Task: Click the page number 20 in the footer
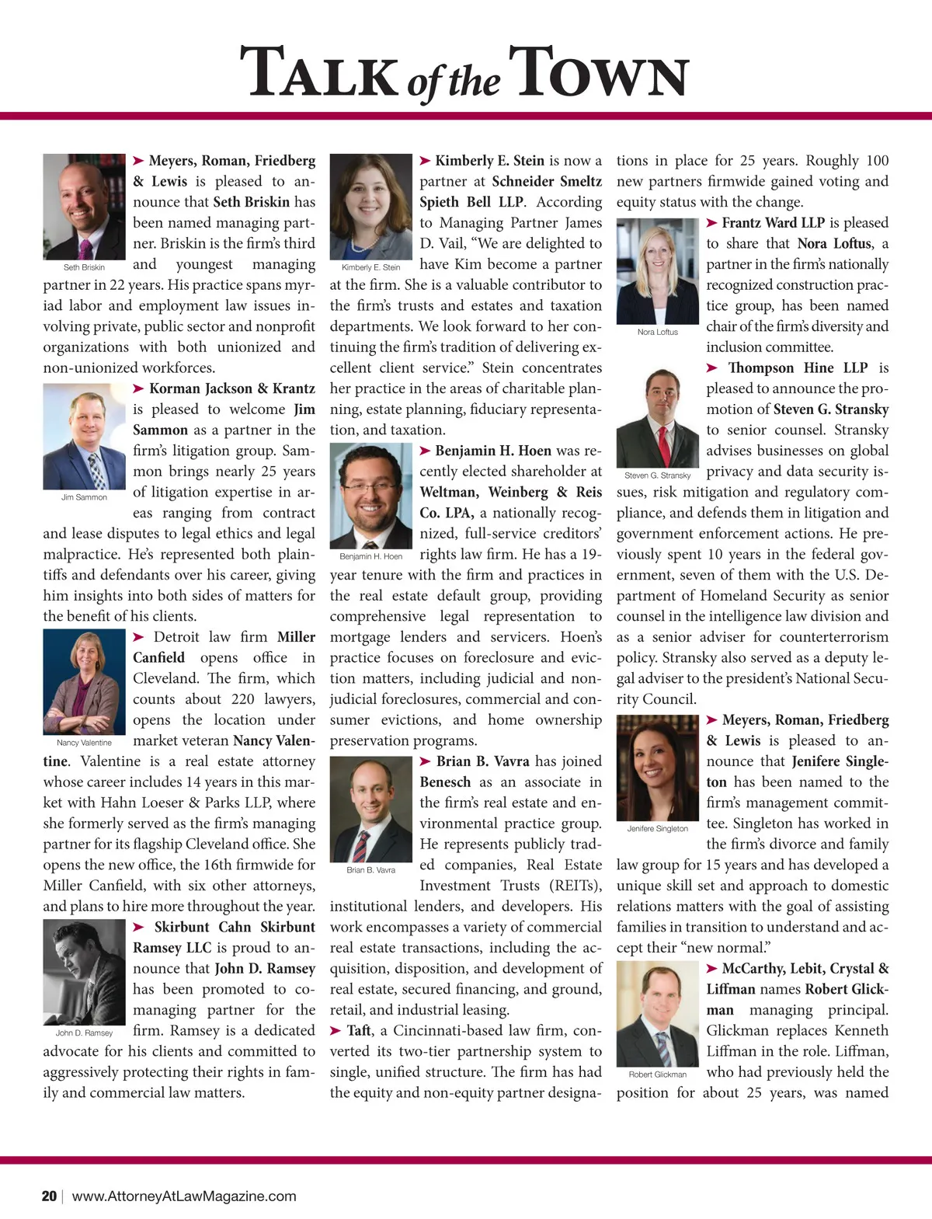[x=49, y=1196]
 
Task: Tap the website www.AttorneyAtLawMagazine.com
[x=184, y=1196]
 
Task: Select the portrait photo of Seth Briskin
[x=84, y=207]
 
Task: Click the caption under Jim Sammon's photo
[x=84, y=497]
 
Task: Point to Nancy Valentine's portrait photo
[x=84, y=681]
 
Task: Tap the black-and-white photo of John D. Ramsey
[x=84, y=972]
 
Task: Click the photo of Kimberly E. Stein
[x=370, y=207]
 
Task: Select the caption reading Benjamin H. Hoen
[x=370, y=556]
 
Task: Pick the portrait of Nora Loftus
[x=657, y=271]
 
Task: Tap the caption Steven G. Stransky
[x=657, y=475]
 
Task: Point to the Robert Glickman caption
[x=657, y=1074]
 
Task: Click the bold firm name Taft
[x=359, y=1030]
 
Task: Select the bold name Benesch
[x=445, y=782]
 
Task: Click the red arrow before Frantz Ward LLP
[x=712, y=223]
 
